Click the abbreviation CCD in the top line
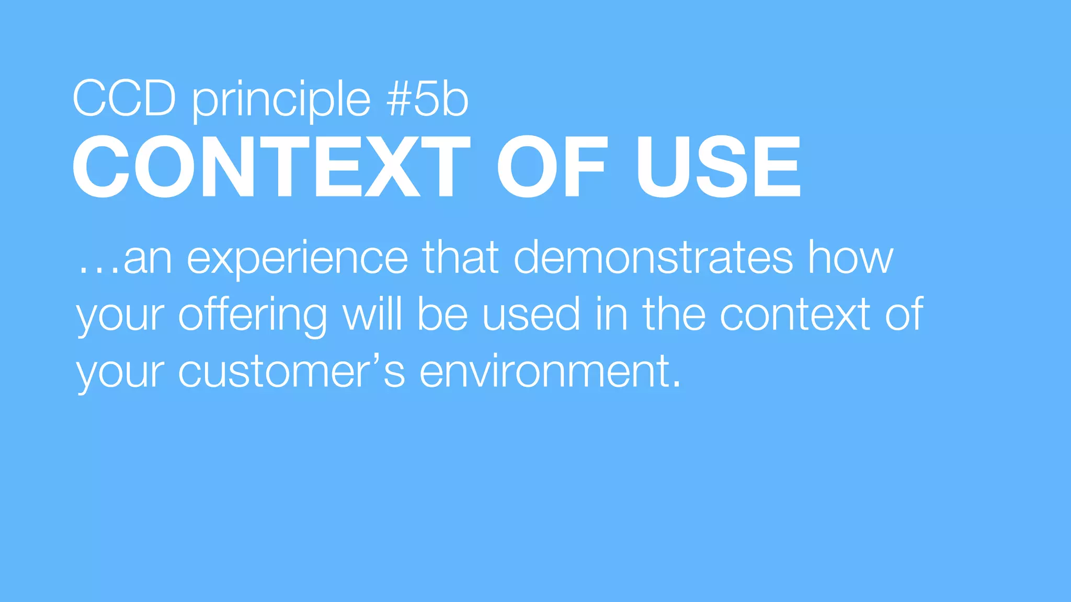[x=124, y=99]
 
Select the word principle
[x=282, y=100]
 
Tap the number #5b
[x=428, y=99]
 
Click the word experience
[x=297, y=259]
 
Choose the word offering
[x=253, y=315]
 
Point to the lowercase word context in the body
[x=795, y=315]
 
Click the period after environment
[x=677, y=385]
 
